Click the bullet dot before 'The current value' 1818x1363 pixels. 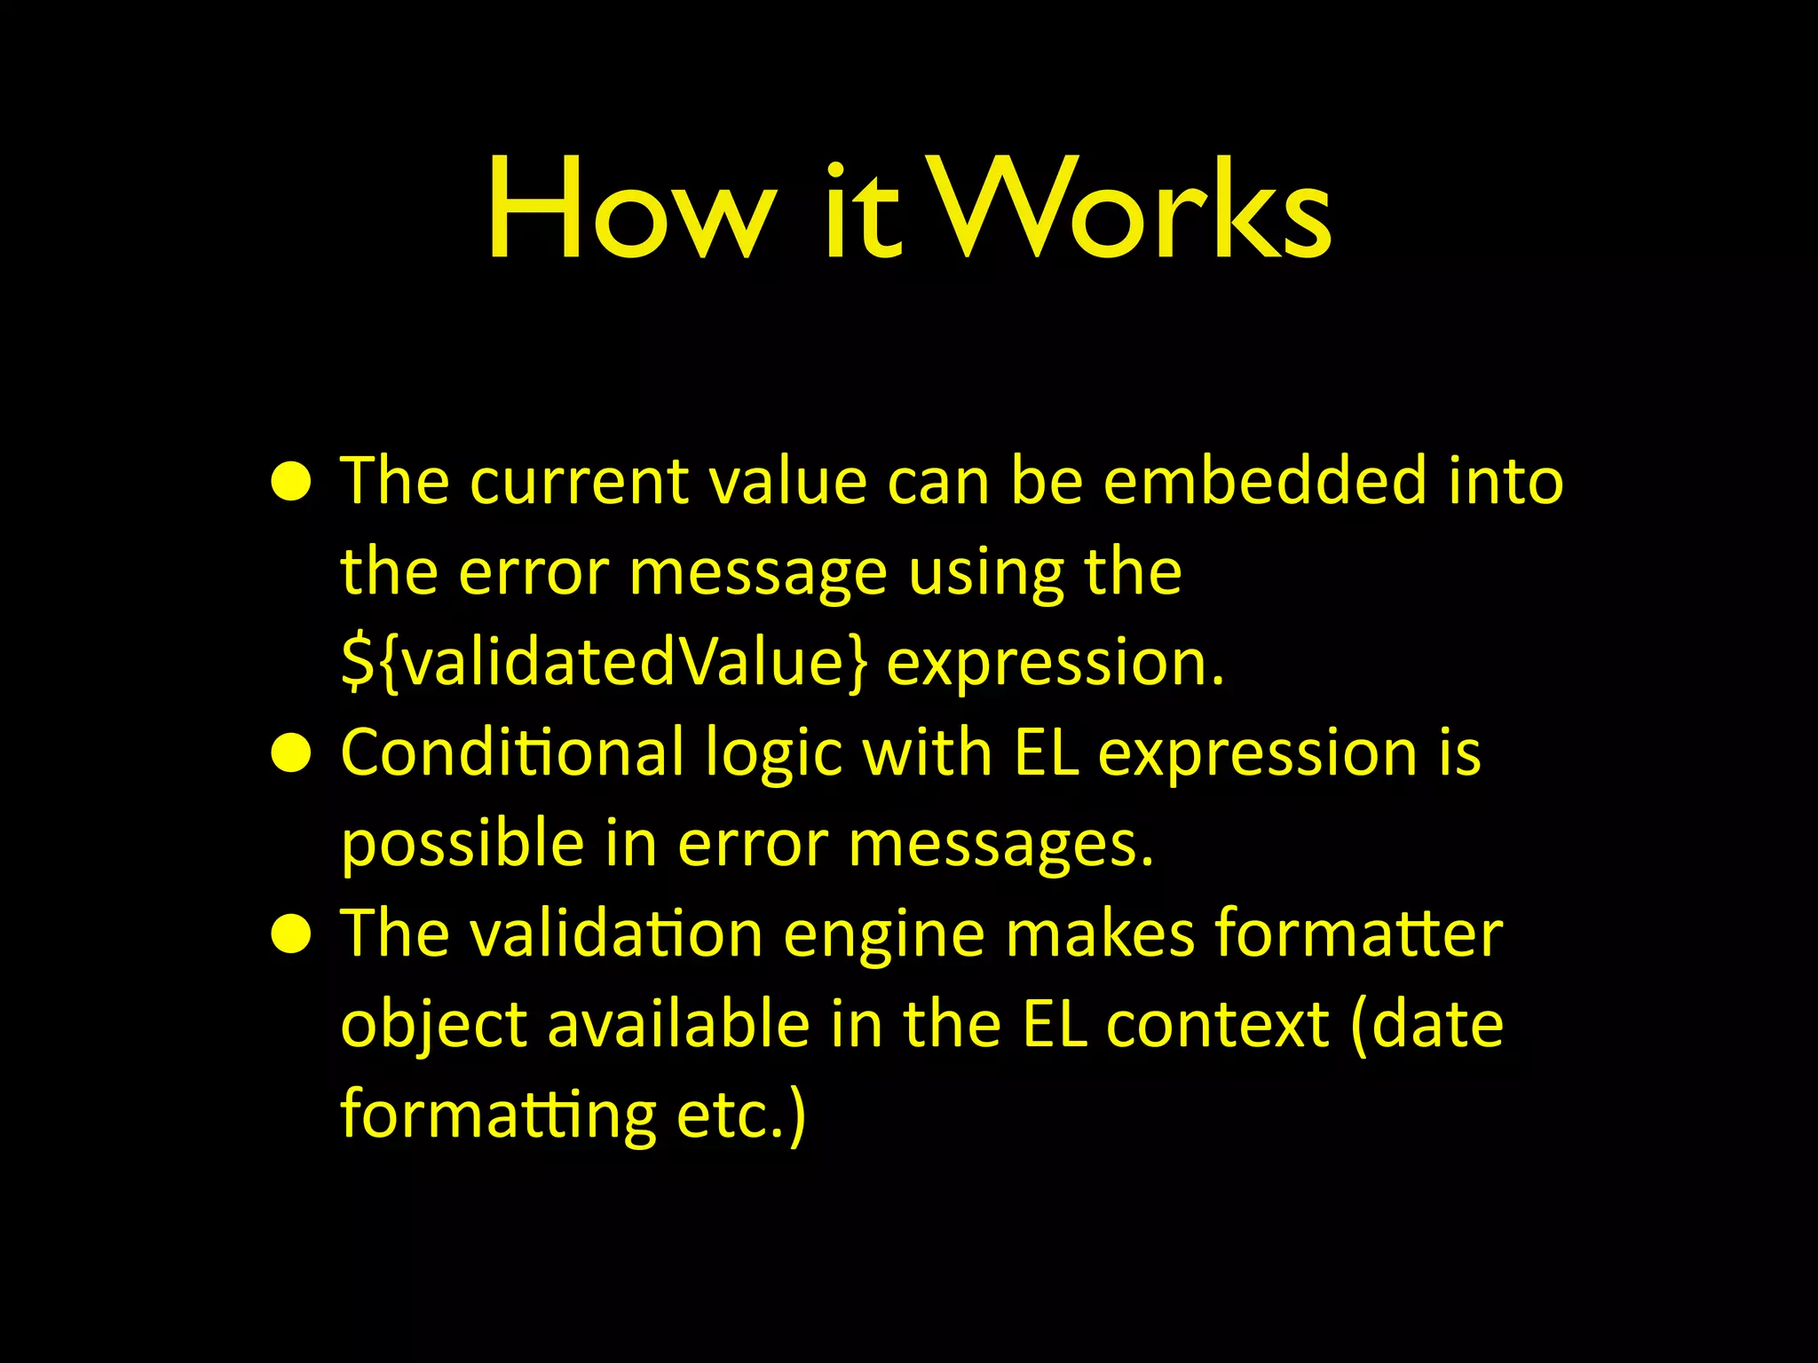click(x=291, y=483)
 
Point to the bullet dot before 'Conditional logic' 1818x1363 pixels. click(x=291, y=754)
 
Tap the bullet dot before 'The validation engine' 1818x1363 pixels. click(x=291, y=935)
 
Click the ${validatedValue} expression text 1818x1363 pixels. click(x=604, y=662)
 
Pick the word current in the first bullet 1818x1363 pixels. click(x=580, y=483)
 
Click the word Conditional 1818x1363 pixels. click(x=512, y=752)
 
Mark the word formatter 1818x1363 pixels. click(x=1358, y=935)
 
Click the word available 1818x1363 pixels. click(x=678, y=1025)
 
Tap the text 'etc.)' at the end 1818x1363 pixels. click(x=741, y=1116)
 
